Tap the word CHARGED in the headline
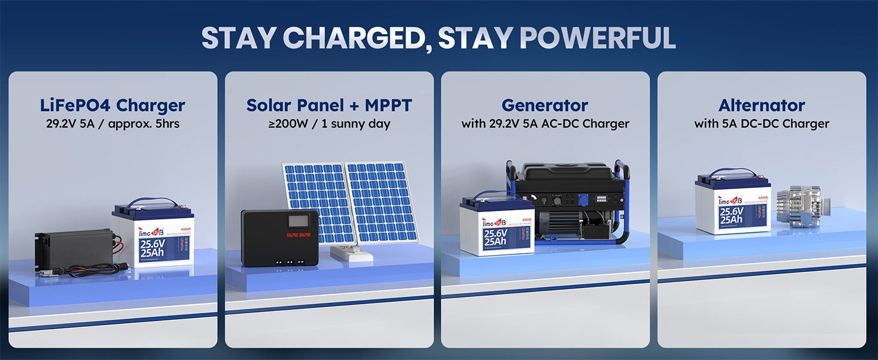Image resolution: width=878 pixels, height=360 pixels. click(x=353, y=38)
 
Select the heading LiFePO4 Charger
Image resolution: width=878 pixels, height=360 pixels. click(x=113, y=105)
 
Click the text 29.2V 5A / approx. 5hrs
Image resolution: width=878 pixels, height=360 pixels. click(x=113, y=124)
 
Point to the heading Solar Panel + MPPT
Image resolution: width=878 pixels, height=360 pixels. click(x=329, y=105)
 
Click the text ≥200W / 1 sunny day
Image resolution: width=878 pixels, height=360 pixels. click(x=329, y=124)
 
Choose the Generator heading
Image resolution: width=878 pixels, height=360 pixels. click(x=545, y=105)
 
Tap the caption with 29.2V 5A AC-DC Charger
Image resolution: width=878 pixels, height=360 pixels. click(x=545, y=124)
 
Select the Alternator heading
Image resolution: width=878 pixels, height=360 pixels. click(x=762, y=105)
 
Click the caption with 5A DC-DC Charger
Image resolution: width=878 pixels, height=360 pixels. click(x=762, y=124)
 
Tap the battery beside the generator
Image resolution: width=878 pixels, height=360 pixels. click(x=497, y=228)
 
